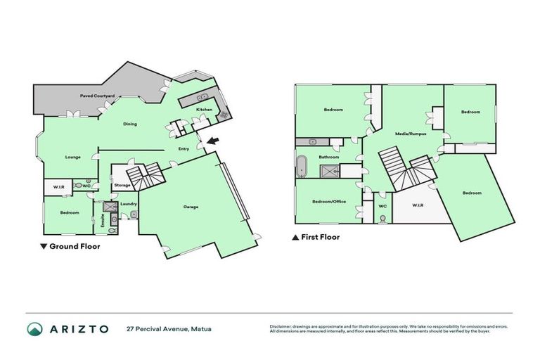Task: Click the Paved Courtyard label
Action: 97,95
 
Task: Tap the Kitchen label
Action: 204,110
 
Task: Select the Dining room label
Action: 130,124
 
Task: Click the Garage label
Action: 191,207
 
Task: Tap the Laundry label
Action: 128,204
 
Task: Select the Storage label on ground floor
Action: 122,185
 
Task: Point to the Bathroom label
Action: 329,157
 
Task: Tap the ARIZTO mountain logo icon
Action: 34,329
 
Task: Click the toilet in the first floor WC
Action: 382,218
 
